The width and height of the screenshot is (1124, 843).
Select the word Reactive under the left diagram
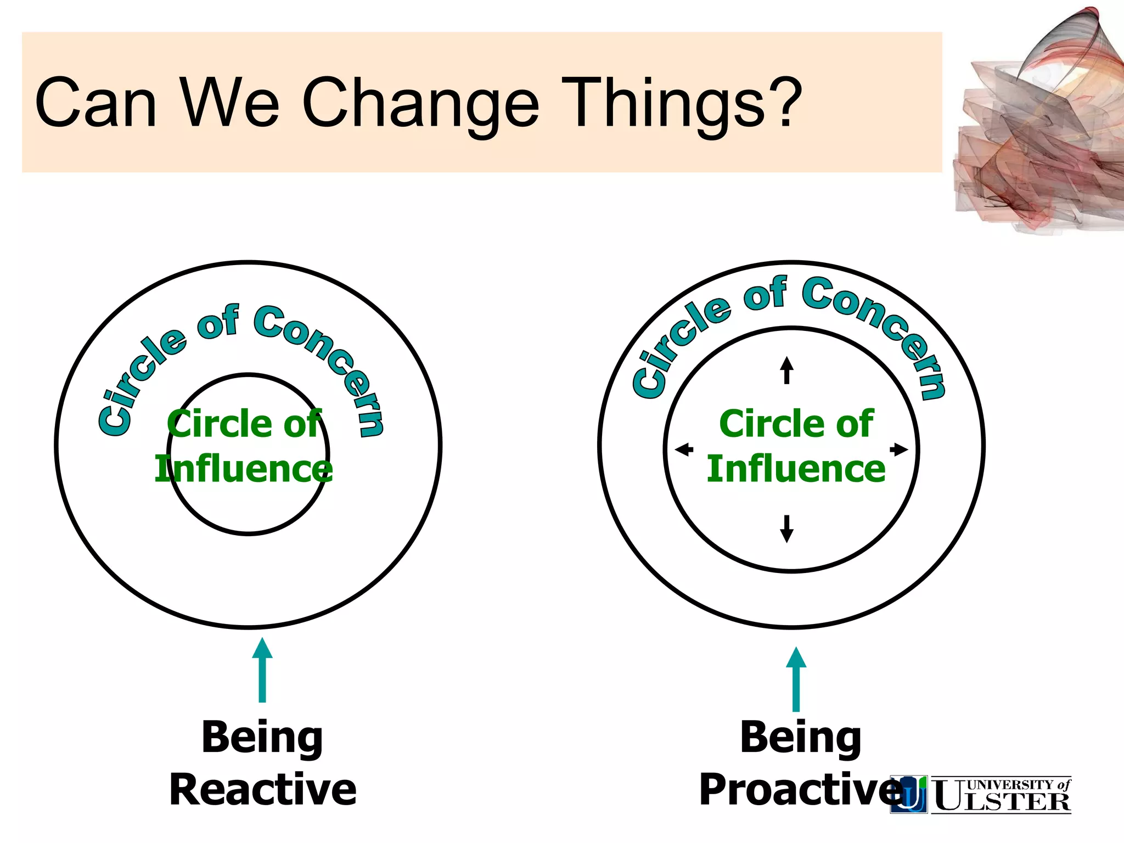[263, 790]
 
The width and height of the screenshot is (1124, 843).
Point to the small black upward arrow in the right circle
[786, 370]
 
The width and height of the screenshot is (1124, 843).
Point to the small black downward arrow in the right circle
[786, 529]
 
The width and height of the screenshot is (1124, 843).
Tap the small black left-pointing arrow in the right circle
[684, 450]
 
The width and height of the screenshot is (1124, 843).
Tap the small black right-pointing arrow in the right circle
[898, 449]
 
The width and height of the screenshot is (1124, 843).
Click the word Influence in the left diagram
[244, 469]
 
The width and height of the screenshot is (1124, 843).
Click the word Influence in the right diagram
[796, 469]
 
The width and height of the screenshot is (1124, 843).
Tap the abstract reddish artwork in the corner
[1037, 132]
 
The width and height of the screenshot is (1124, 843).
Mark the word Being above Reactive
[262, 738]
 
